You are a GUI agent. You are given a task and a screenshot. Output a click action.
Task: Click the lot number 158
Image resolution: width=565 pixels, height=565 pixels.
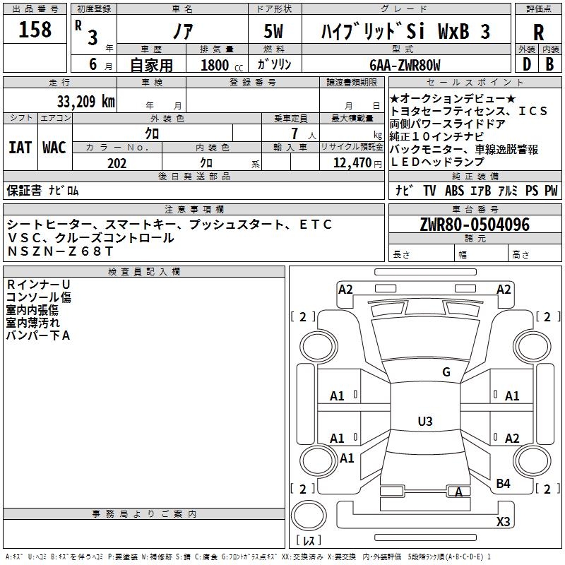pyautogui.click(x=35, y=30)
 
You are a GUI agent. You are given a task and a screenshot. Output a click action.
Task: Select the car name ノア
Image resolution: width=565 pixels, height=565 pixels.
pyautogui.click(x=182, y=32)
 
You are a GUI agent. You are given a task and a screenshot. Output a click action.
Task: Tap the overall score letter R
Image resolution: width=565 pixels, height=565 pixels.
pyautogui.click(x=538, y=32)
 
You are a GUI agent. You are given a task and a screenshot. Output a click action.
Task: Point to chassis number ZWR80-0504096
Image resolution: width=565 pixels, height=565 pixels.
pyautogui.click(x=474, y=225)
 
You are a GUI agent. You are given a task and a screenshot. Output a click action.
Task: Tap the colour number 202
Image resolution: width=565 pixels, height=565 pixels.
pyautogui.click(x=117, y=163)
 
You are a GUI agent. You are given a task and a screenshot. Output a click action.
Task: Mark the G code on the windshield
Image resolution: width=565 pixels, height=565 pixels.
pyautogui.click(x=446, y=372)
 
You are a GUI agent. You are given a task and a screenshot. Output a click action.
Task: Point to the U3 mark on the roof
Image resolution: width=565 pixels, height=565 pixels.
pyautogui.click(x=424, y=422)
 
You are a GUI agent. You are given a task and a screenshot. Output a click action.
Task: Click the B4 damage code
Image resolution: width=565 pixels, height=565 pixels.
pyautogui.click(x=503, y=483)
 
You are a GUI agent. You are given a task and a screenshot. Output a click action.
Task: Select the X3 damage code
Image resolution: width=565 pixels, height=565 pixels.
pyautogui.click(x=503, y=522)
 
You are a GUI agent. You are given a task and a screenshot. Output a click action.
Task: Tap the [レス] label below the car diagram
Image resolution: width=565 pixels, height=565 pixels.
pyautogui.click(x=309, y=542)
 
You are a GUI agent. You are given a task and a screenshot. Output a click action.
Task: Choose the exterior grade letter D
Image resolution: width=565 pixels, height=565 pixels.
pyautogui.click(x=525, y=64)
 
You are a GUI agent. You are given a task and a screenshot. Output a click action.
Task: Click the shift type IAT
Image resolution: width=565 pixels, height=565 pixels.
pyautogui.click(x=20, y=148)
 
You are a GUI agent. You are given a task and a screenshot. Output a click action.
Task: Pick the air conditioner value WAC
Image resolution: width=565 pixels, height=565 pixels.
pyautogui.click(x=54, y=148)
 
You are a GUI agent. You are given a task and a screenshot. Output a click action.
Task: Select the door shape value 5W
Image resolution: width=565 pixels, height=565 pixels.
pyautogui.click(x=275, y=32)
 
